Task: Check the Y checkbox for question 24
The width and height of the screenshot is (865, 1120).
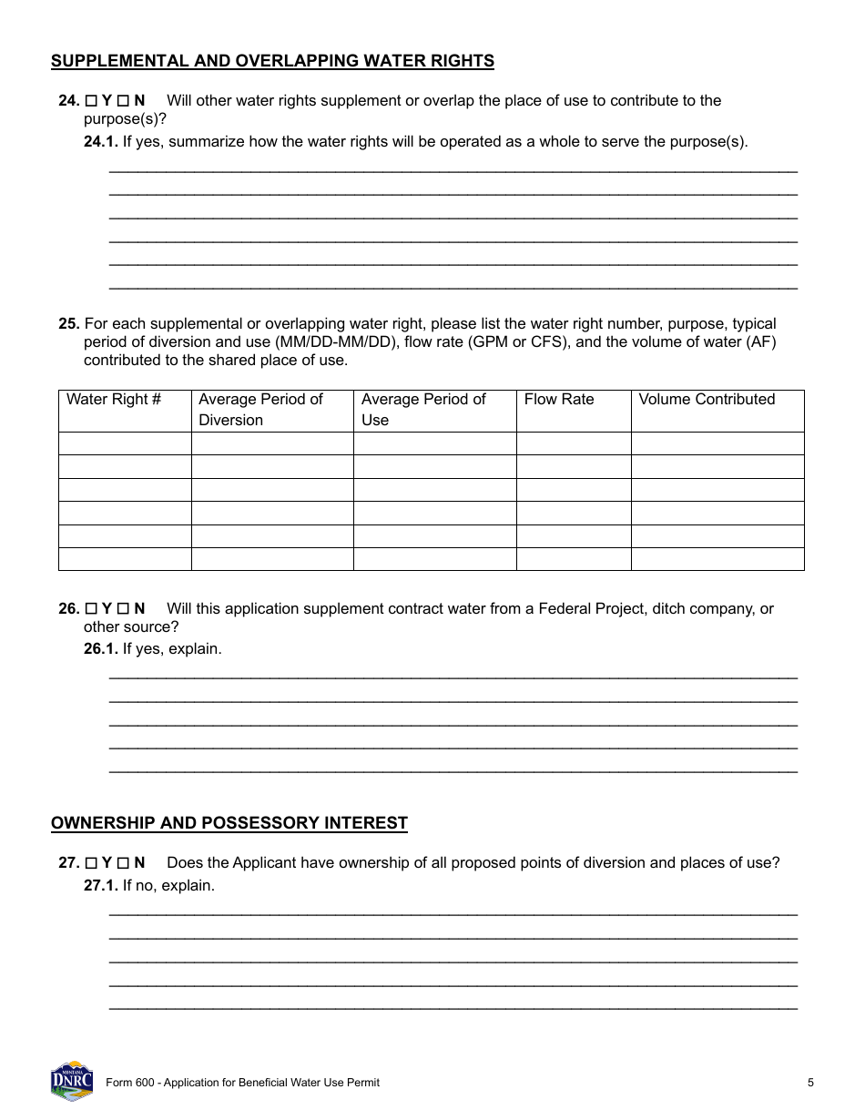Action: click(x=90, y=101)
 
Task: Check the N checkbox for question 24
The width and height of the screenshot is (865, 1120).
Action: click(x=123, y=101)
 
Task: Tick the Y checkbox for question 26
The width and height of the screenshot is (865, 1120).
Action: click(x=90, y=609)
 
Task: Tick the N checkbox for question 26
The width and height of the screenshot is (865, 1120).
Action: click(x=123, y=609)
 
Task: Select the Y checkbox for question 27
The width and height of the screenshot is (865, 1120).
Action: click(x=90, y=863)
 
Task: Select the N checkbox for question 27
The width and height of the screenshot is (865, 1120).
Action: click(x=123, y=863)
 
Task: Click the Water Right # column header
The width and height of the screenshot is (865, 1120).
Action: click(x=114, y=400)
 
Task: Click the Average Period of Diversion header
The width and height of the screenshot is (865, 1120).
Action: click(x=260, y=410)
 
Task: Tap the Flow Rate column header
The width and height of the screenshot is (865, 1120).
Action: click(x=559, y=400)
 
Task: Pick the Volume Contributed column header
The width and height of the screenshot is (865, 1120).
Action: click(x=707, y=400)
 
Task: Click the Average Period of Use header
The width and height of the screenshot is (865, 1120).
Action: click(x=423, y=410)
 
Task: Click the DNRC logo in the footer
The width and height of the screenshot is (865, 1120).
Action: click(x=72, y=1081)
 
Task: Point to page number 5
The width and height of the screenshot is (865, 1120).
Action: click(x=810, y=1083)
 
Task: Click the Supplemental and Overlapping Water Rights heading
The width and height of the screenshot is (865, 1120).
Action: click(x=272, y=61)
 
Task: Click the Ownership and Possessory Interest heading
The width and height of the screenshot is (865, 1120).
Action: click(x=229, y=823)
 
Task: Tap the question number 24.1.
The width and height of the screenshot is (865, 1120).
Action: click(x=101, y=142)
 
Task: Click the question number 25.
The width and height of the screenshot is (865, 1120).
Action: click(x=69, y=324)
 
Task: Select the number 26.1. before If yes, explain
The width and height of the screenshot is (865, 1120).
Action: click(x=101, y=649)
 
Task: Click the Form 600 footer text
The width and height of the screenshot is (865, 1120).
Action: click(x=242, y=1083)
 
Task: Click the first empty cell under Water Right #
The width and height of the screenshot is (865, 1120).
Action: click(x=125, y=443)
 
